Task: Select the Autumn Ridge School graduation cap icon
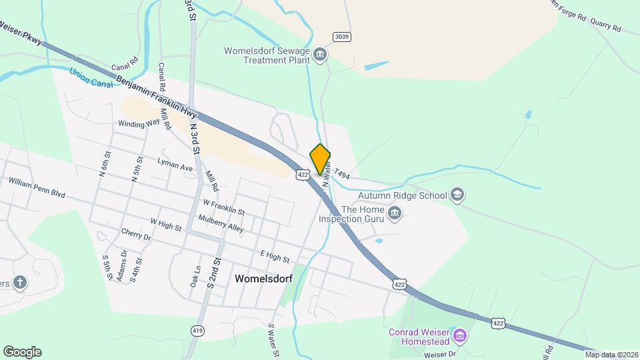(x=457, y=195)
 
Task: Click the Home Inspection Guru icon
(x=395, y=213)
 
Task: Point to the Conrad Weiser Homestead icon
(x=459, y=334)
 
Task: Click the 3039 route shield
(x=342, y=37)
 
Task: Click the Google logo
(x=22, y=352)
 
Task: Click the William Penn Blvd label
(x=37, y=187)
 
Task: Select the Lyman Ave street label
(x=175, y=165)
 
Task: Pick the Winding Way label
(x=139, y=123)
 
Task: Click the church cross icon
(x=20, y=282)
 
